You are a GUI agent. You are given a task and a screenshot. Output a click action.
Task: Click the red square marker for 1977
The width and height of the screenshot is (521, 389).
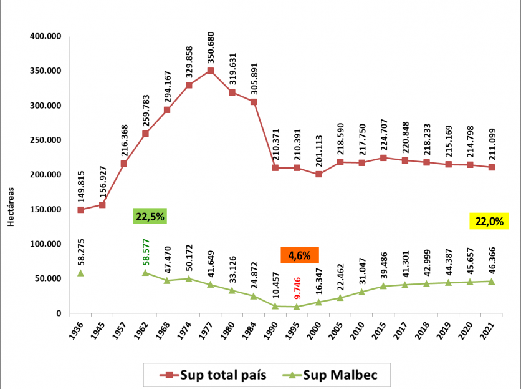point(210,71)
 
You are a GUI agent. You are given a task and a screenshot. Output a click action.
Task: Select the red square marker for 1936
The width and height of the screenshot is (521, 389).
point(80,210)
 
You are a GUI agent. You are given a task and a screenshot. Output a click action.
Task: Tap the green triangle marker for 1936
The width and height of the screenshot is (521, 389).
point(80,273)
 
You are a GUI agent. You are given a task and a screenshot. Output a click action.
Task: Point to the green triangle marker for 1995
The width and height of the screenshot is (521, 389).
point(297,307)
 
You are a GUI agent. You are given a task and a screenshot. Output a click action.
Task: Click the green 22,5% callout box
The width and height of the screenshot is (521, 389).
point(150,217)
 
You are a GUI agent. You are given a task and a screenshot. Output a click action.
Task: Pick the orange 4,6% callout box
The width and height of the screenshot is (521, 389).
point(300,255)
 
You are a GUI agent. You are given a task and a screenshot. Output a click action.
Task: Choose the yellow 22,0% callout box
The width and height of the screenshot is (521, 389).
point(489,220)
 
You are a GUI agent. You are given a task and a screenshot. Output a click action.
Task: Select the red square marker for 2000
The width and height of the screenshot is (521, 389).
point(318,174)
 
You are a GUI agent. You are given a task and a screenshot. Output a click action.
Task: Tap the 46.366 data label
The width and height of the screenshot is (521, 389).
point(492,262)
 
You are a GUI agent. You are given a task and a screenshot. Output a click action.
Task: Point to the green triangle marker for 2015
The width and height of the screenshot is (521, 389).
point(383,286)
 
